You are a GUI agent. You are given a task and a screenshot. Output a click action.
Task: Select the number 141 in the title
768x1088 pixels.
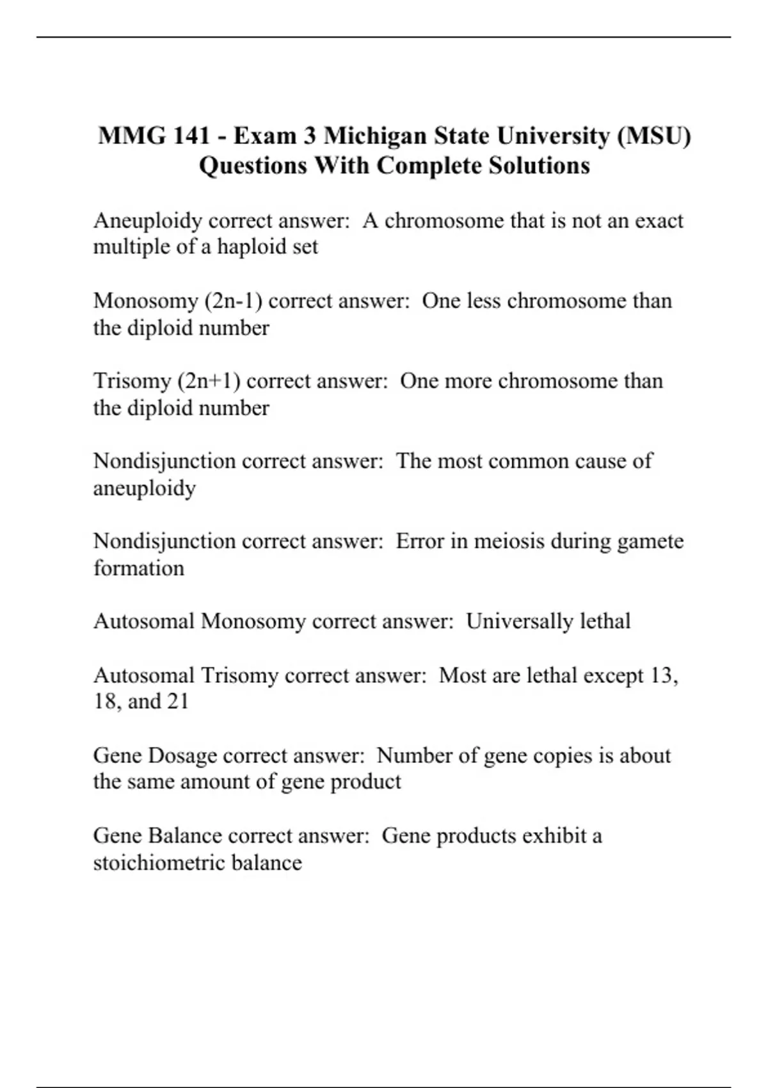pos(191,136)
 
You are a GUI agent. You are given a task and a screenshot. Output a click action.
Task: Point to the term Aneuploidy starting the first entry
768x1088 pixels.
pos(148,221)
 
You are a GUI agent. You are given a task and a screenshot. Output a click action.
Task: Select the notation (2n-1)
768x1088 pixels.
pos(233,301)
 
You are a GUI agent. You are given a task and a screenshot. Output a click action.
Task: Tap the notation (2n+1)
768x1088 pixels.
pos(211,381)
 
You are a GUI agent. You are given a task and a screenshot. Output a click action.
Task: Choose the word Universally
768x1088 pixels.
pos(519,621)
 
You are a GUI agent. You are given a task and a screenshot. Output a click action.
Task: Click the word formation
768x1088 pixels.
pos(138,568)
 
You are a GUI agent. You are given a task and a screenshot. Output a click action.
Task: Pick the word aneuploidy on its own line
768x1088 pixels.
pos(145,488)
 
